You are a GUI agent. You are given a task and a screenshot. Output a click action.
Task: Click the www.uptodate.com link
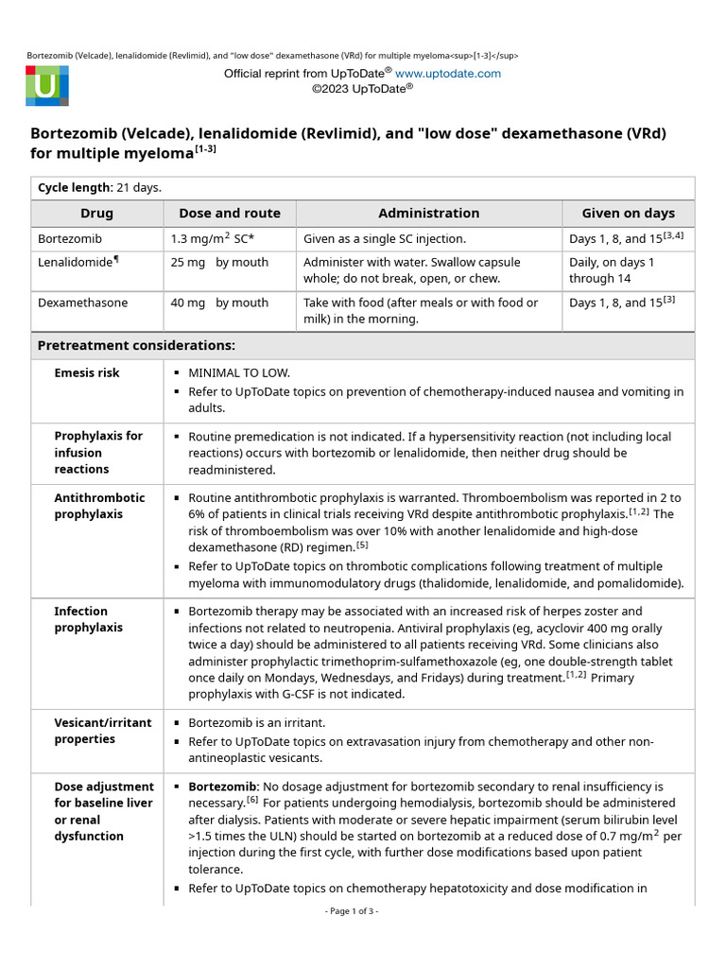click(x=447, y=74)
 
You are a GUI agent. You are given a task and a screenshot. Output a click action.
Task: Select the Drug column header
click(x=96, y=214)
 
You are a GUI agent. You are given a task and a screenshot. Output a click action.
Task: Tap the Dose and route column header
click(x=230, y=214)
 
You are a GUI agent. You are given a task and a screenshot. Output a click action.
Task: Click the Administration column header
click(x=429, y=214)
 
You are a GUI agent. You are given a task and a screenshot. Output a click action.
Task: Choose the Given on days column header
click(x=629, y=214)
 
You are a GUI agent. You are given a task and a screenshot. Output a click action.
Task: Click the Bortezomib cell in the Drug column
click(x=70, y=239)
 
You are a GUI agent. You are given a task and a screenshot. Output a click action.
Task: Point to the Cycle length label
click(x=74, y=188)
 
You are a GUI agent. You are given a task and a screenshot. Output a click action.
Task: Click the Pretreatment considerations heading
click(x=136, y=346)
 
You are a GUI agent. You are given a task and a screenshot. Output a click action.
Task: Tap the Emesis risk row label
click(x=87, y=373)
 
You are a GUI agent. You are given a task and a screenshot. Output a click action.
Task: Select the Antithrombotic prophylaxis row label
click(x=99, y=506)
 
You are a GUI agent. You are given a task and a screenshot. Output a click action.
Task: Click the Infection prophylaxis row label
click(x=89, y=619)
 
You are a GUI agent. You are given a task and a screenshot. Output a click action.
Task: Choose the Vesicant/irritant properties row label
click(x=102, y=731)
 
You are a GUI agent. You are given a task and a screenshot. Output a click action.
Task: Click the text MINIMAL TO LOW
click(x=239, y=373)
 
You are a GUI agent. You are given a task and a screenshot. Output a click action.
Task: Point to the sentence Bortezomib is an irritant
click(x=256, y=723)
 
